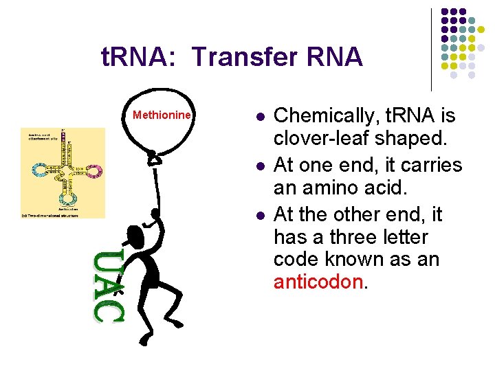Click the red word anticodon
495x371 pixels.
click(317, 282)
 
